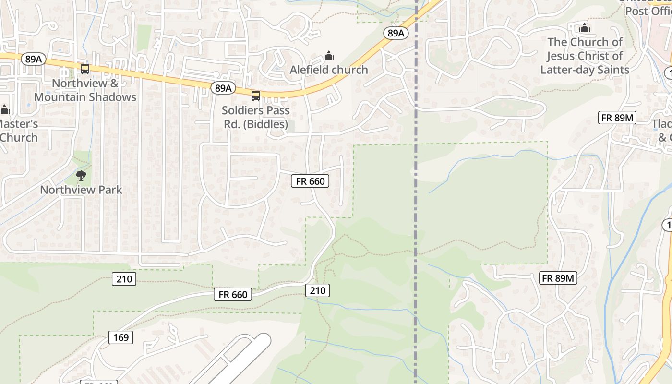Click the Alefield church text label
328,70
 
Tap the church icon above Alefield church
329,56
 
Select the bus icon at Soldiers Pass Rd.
256,96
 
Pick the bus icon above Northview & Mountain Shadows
85,69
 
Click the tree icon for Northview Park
81,175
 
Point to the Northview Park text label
81,190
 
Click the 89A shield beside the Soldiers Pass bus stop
223,88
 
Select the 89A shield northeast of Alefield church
396,33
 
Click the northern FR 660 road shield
310,181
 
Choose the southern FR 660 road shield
233,294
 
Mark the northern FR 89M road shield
617,118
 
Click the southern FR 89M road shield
558,278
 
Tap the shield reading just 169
120,337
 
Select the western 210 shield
124,278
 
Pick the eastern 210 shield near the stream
317,290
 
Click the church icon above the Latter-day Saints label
585,28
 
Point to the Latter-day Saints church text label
585,56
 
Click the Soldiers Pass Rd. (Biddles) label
256,118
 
